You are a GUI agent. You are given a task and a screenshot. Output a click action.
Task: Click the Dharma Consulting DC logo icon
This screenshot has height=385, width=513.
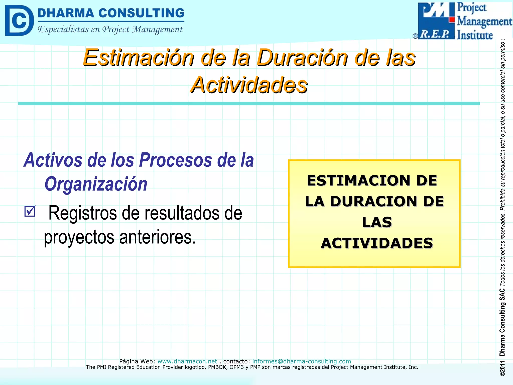19,21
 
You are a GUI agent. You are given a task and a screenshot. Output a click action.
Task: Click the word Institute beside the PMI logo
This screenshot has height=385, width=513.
475,35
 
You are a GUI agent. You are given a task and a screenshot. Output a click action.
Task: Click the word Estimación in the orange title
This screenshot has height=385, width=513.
139,58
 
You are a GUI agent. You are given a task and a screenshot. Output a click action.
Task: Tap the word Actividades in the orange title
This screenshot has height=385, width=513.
249,85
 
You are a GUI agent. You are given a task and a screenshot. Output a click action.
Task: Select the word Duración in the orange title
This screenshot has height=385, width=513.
302,58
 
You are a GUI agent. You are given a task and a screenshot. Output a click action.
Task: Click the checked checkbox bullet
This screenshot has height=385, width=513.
30,211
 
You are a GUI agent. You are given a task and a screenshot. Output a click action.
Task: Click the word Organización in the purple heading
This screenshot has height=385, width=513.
96,184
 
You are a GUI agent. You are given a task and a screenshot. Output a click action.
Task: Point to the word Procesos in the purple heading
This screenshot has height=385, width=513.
175,160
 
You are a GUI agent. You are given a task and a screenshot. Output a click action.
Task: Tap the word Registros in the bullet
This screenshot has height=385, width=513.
83,213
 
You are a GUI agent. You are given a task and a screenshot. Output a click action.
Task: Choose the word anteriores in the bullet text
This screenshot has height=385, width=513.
157,237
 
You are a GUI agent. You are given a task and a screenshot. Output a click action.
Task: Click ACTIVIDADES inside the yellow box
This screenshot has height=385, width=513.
377,243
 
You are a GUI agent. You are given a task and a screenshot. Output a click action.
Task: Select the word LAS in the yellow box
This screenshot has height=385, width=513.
377,222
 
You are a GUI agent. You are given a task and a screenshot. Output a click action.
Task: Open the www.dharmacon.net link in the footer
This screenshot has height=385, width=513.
187,361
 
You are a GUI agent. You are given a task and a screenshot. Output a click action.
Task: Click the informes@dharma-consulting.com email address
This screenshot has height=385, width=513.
301,361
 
